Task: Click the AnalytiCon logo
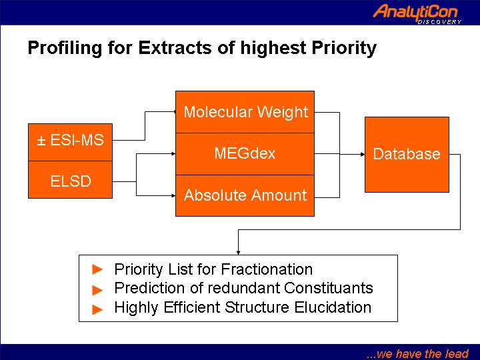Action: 417,13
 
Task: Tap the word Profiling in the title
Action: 65,49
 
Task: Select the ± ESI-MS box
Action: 71,143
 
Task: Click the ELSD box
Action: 71,180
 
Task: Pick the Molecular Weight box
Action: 245,112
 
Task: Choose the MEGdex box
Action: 245,154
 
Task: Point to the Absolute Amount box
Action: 245,195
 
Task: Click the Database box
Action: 407,155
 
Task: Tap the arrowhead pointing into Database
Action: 363,154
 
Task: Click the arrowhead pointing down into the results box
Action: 238,253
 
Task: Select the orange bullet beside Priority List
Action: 97,269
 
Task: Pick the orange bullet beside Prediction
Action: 97,290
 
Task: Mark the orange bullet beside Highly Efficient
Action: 97,309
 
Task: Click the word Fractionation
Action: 267,269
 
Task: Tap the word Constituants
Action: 329,288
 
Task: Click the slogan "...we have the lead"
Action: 417,354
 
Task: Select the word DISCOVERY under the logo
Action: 439,22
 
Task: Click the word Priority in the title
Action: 344,49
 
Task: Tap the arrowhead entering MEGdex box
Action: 173,154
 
